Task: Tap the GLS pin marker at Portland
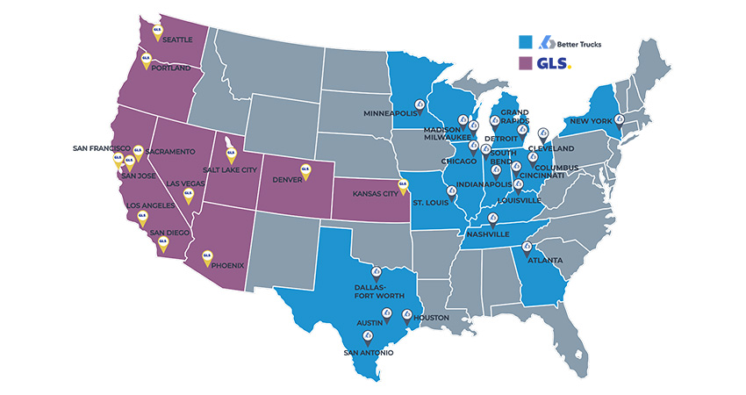(x=147, y=61)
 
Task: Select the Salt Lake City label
(x=230, y=169)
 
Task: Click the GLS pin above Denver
(x=305, y=170)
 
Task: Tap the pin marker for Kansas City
(x=403, y=186)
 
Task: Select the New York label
(x=591, y=120)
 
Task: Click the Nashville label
(x=488, y=235)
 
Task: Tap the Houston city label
(x=431, y=318)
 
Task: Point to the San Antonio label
(x=369, y=354)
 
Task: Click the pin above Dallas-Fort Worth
(x=377, y=273)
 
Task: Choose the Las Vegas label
(x=185, y=183)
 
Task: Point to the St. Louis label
(x=431, y=204)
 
